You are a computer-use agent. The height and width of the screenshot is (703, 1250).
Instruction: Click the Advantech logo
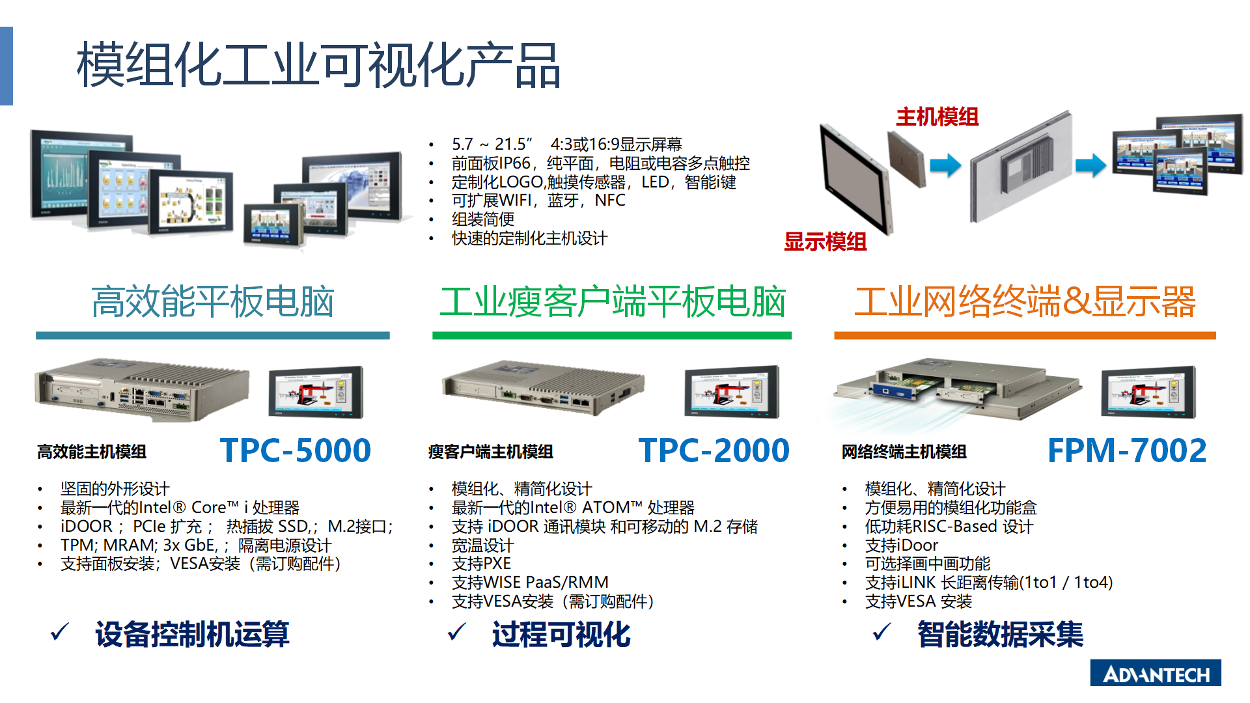point(1156,673)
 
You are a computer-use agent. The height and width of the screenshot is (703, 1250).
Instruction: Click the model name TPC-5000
point(296,450)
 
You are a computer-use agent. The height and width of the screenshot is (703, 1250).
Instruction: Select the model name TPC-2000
point(714,450)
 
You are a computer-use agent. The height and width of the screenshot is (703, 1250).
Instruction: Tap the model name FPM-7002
point(1127,450)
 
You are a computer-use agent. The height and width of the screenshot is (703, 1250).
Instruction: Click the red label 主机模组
point(937,117)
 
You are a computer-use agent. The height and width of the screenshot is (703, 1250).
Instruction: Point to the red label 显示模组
point(826,241)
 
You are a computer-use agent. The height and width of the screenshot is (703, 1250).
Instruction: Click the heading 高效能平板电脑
point(213,301)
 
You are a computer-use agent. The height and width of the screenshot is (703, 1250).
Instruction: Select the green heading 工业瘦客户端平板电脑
point(613,301)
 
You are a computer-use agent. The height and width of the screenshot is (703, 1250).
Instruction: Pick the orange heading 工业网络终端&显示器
point(1025,301)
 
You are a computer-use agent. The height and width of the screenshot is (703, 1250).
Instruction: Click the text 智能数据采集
point(1001,634)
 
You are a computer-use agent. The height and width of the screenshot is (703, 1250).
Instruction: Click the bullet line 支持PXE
point(482,564)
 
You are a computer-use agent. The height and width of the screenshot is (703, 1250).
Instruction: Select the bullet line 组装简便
point(483,219)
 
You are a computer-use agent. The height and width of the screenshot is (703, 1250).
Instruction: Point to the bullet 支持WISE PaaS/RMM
point(531,583)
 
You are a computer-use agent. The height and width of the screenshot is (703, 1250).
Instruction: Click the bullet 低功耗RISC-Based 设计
point(949,527)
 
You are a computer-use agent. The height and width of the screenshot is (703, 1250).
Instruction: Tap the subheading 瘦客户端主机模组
point(491,452)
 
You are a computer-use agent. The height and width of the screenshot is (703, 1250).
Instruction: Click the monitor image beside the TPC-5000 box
point(316,393)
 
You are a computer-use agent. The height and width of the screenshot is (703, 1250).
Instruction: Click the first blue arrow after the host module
point(945,165)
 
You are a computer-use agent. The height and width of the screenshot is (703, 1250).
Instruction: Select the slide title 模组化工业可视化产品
point(318,65)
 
